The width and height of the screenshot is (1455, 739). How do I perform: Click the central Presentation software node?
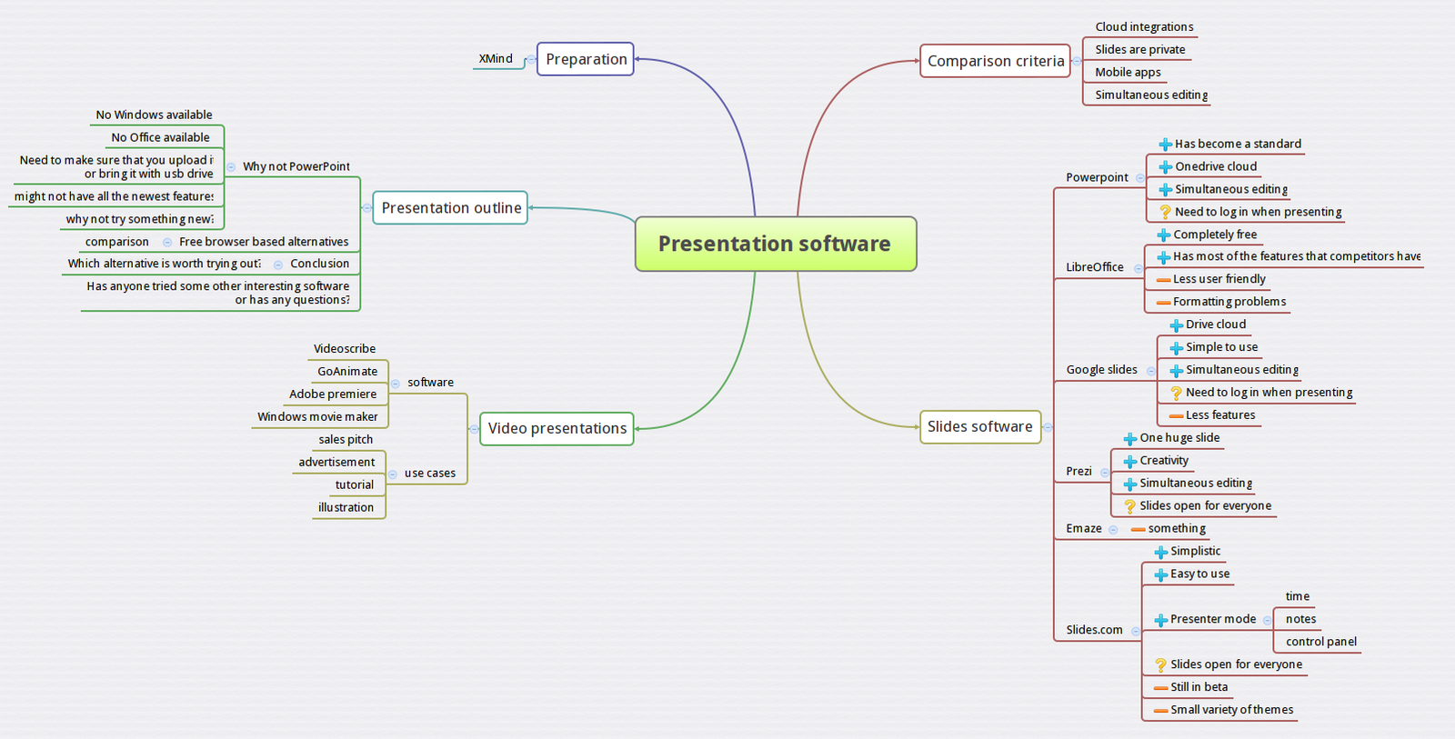pyautogui.click(x=775, y=244)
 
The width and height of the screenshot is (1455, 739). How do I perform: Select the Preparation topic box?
pyautogui.click(x=586, y=59)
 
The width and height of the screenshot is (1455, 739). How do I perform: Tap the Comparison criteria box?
pyautogui.click(x=995, y=61)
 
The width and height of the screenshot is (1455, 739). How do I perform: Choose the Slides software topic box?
pyautogui.click(x=979, y=426)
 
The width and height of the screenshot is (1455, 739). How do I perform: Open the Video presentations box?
pyautogui.click(x=557, y=428)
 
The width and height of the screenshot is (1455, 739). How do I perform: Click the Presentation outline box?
pyautogui.click(x=451, y=208)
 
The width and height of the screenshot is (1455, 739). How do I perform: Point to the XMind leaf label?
pyautogui.click(x=496, y=59)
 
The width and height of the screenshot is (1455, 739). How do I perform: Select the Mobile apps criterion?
pyautogui.click(x=1128, y=73)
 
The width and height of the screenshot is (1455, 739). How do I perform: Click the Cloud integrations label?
pyautogui.click(x=1144, y=27)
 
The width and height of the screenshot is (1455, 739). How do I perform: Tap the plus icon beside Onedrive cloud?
pyautogui.click(x=1165, y=167)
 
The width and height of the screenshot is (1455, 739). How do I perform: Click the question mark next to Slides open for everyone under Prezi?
pyautogui.click(x=1129, y=506)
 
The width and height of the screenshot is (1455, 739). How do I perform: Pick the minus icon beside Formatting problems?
pyautogui.click(x=1163, y=303)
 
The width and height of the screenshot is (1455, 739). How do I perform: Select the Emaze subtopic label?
pyautogui.click(x=1083, y=528)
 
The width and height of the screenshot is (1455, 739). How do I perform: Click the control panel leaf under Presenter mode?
pyautogui.click(x=1320, y=642)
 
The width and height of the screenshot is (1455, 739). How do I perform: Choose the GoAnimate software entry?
pyautogui.click(x=347, y=372)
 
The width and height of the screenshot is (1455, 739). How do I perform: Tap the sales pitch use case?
pyautogui.click(x=346, y=440)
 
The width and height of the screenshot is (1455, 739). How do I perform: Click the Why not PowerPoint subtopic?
pyautogui.click(x=296, y=167)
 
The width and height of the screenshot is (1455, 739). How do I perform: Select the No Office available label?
pyautogui.click(x=160, y=138)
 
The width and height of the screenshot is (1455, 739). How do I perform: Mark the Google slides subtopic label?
pyautogui.click(x=1101, y=370)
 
